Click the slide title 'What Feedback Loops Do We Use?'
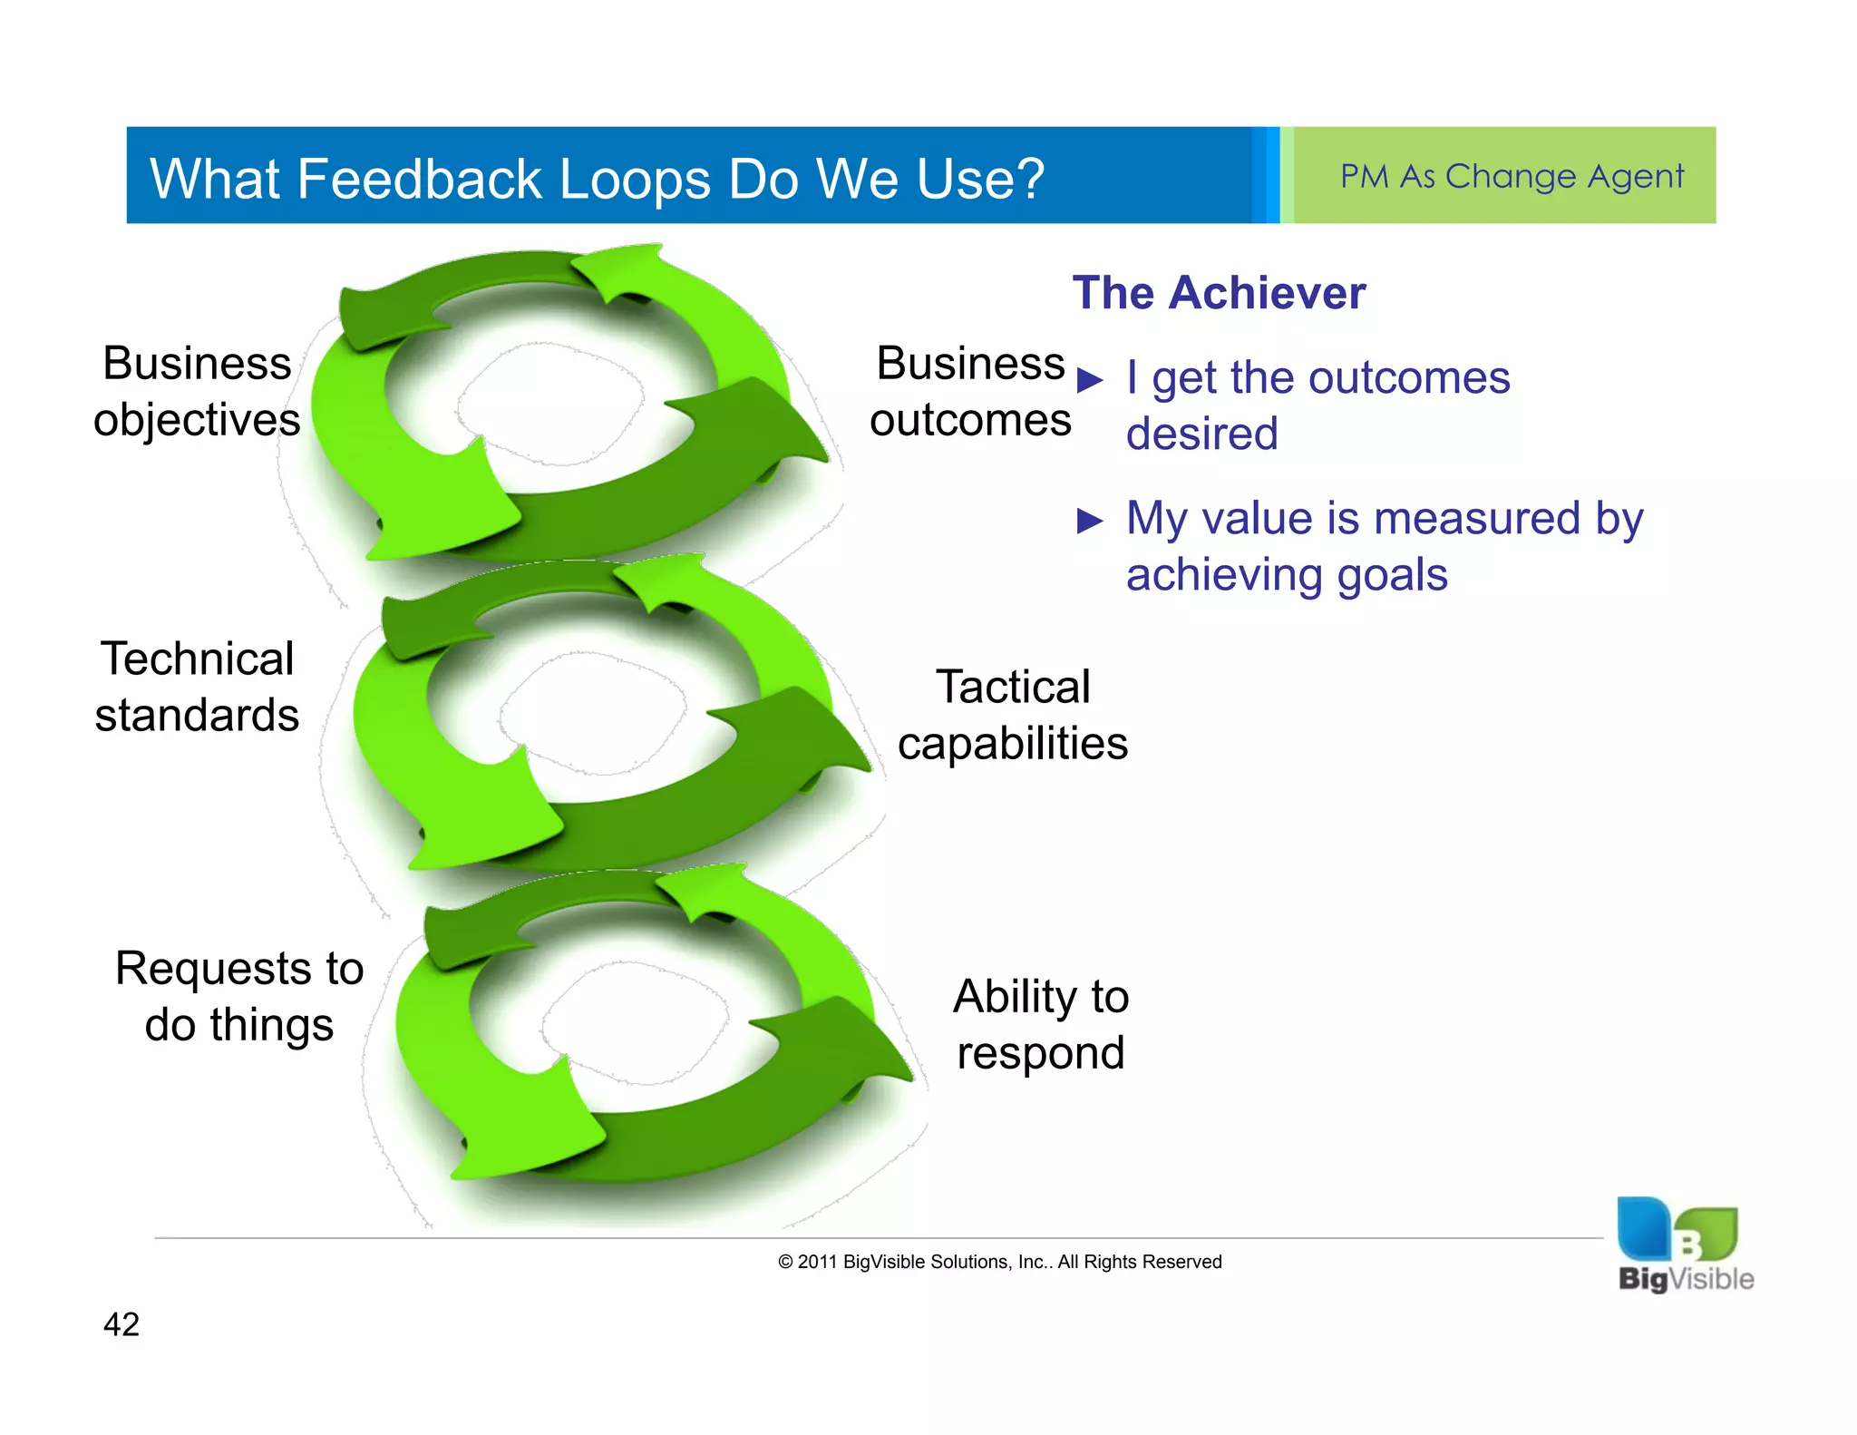597,178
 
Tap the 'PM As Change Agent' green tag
1511,176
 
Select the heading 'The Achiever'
1218,293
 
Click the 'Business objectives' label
197,392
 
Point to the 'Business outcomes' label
969,392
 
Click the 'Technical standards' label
197,687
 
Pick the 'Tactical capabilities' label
1012,715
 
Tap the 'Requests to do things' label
239,996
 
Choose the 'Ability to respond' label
1040,1024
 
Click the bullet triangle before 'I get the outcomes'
1090,380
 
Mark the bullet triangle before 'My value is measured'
1090,522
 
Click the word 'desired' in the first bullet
1201,434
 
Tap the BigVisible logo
1685,1245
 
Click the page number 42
122,1324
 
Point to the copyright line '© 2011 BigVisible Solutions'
999,1262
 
